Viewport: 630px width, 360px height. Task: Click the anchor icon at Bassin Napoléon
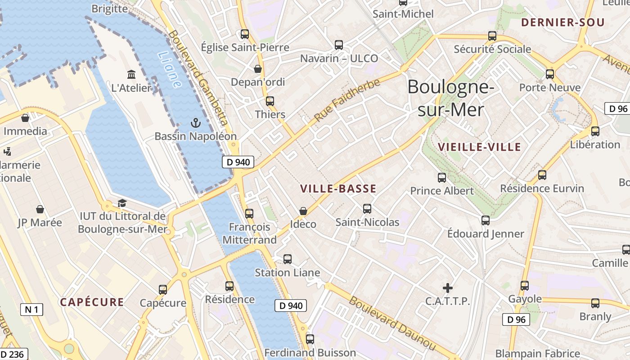(195, 122)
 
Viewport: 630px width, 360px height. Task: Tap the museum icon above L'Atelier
(131, 74)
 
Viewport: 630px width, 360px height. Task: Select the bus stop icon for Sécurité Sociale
(492, 36)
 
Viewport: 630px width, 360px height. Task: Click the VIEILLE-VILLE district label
(479, 147)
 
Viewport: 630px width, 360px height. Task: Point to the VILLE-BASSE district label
(338, 189)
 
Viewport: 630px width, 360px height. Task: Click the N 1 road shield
(31, 310)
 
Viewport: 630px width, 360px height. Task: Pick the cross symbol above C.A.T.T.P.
(448, 288)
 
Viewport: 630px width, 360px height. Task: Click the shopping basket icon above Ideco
(303, 211)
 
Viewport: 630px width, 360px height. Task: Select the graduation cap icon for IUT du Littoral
(122, 203)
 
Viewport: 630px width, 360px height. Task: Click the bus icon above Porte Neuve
(549, 74)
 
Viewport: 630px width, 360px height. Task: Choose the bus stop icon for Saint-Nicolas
(367, 209)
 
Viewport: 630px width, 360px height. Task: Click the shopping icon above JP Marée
(40, 209)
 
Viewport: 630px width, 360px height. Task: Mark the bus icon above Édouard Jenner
(485, 220)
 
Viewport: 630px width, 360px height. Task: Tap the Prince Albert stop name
(442, 191)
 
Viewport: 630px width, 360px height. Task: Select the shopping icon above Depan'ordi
(258, 69)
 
